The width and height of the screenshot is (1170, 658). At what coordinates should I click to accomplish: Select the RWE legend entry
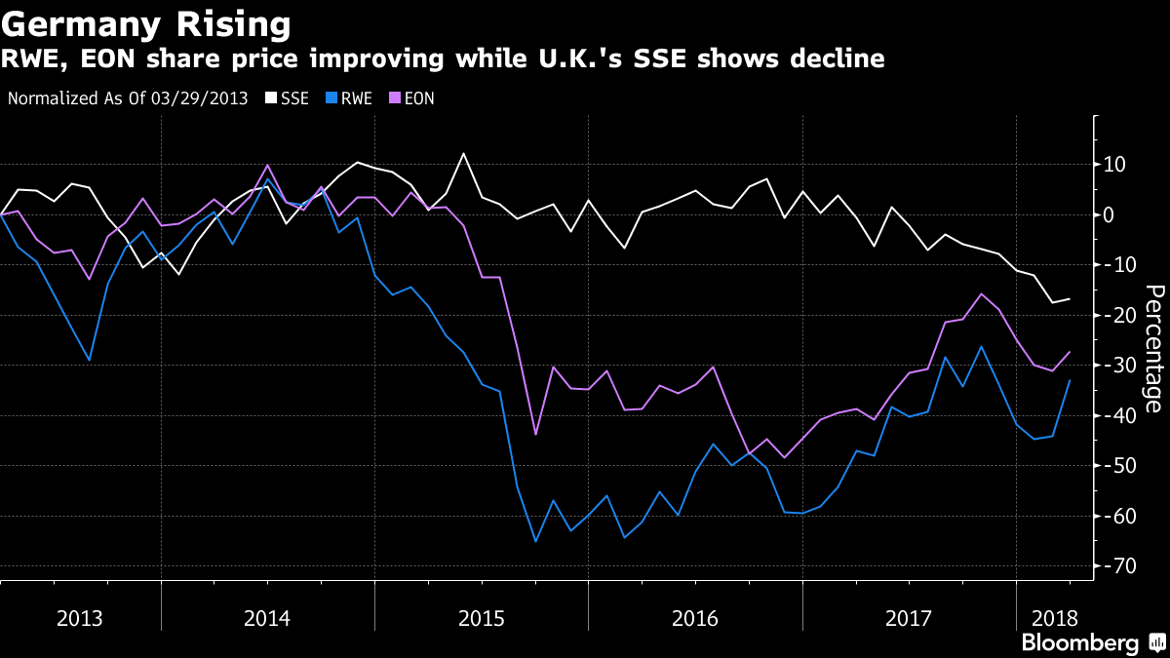coord(353,98)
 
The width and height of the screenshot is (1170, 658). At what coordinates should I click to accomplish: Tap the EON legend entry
coord(417,98)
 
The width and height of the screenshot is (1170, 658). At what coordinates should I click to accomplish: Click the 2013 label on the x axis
coord(80,618)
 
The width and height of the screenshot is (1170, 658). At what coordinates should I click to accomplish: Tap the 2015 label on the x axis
coord(482,618)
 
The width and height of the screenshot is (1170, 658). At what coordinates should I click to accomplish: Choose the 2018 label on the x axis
coord(1055,618)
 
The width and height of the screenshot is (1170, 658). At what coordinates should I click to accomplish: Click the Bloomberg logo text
coord(1079,642)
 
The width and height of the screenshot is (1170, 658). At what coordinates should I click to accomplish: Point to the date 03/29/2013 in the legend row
coord(204,98)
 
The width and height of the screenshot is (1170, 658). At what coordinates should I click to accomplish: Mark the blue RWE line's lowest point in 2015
coord(535,541)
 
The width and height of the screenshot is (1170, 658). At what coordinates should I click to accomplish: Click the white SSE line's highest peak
coord(463,154)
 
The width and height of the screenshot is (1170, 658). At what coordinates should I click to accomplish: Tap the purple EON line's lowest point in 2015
coord(535,434)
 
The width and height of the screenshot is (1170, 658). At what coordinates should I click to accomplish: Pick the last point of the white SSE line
coord(1071,299)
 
